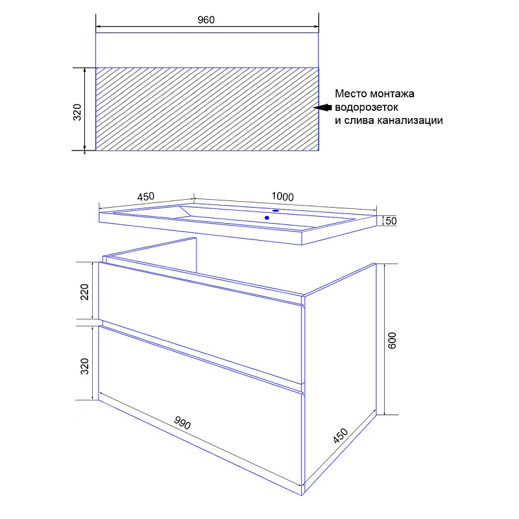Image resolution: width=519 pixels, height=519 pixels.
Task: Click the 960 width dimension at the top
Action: (x=206, y=20)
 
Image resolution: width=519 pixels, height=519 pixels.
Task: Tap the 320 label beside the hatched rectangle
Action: (x=77, y=112)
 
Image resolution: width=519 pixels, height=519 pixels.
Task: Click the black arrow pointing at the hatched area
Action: (x=322, y=107)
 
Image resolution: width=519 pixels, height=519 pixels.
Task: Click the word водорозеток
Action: (x=367, y=107)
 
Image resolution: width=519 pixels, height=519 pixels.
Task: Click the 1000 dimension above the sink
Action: (x=283, y=197)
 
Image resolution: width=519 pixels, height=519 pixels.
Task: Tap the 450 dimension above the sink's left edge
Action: (x=145, y=197)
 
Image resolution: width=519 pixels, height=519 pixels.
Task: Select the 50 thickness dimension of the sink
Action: (x=391, y=221)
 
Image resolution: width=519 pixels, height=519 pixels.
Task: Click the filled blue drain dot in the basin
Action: (x=267, y=218)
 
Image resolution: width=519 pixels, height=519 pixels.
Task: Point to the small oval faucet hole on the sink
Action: (x=275, y=210)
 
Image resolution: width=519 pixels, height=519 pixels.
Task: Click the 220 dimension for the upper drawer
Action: (x=85, y=291)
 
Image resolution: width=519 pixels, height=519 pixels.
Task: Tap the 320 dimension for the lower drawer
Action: (x=85, y=366)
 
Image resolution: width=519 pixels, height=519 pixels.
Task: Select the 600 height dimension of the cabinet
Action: (x=392, y=341)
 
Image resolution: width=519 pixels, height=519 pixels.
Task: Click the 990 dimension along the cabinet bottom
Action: (x=182, y=422)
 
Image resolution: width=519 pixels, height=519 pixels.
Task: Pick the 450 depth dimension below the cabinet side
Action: (x=341, y=435)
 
